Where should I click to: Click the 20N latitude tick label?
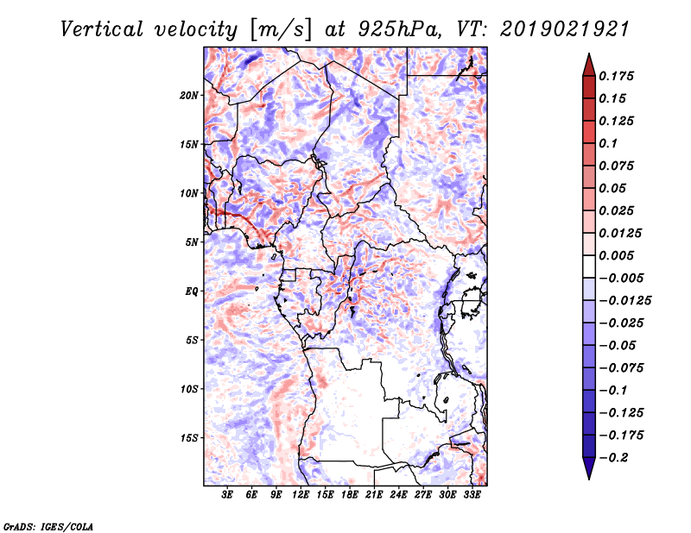[189, 95]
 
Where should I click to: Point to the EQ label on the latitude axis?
[191, 292]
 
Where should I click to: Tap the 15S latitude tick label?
[189, 438]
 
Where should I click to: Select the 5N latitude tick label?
[192, 242]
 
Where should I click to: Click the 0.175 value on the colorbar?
[618, 76]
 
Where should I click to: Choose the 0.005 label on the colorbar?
[618, 255]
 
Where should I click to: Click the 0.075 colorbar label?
[618, 166]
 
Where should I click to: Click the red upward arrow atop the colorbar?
[588, 64]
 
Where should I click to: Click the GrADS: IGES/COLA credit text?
[48, 525]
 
